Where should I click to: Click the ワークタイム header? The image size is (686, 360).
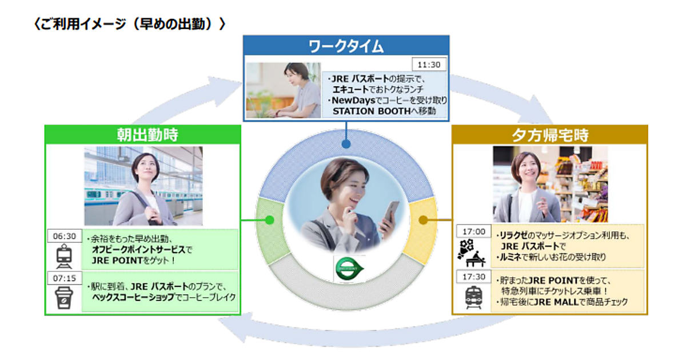346,46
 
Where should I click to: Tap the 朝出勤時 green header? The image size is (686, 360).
143,135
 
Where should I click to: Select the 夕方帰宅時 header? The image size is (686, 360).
549,135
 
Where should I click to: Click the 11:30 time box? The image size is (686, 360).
429,64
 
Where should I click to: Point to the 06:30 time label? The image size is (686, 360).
64,236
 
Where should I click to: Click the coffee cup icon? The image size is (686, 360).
63,299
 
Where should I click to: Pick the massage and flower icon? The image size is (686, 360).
473,254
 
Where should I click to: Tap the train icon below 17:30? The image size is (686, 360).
473,298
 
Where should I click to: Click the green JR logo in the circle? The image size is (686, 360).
349,267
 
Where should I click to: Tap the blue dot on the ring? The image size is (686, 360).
346,145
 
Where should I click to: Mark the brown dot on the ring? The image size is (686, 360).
423,219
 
